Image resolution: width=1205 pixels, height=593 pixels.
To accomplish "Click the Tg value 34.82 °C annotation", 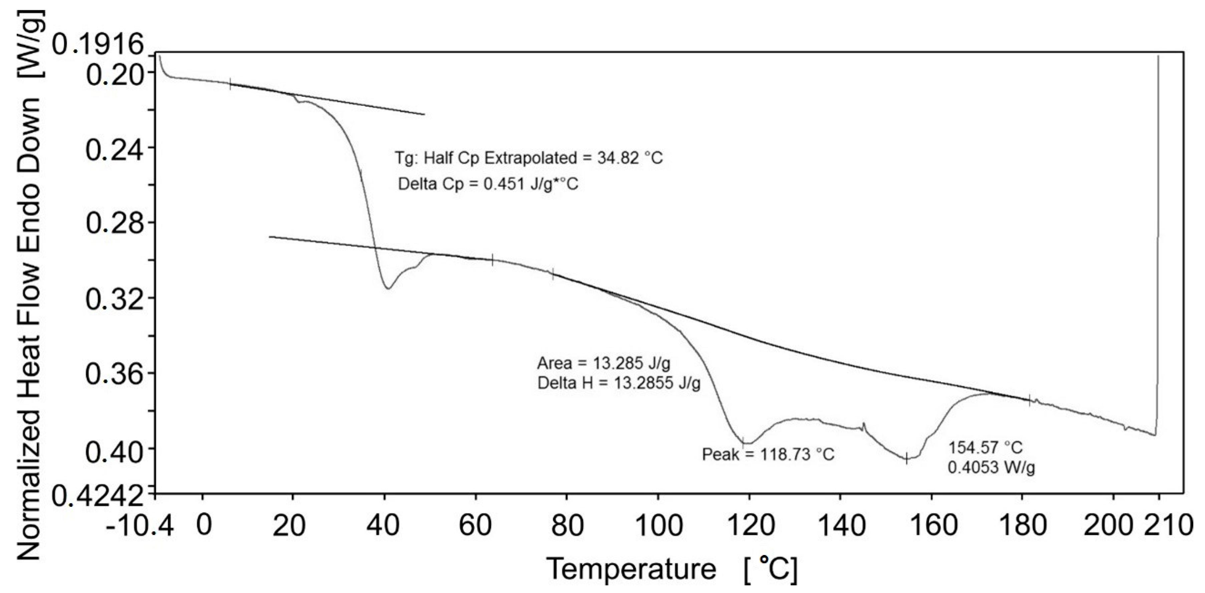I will coord(529,158).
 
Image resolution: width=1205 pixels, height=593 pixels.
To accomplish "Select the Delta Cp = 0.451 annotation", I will coord(488,184).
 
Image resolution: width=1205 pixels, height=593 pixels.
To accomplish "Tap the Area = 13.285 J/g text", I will coord(603,363).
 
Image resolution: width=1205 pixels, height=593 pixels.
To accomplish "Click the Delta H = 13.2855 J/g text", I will coord(618,383).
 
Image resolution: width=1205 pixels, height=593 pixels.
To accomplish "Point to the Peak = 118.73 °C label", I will coord(768,454).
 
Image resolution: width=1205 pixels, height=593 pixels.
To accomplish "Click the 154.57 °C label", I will coord(985,448).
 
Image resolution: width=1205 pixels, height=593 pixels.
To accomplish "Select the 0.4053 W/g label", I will coord(991,467).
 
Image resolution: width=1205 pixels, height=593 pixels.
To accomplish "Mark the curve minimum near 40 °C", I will coord(388,288).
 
